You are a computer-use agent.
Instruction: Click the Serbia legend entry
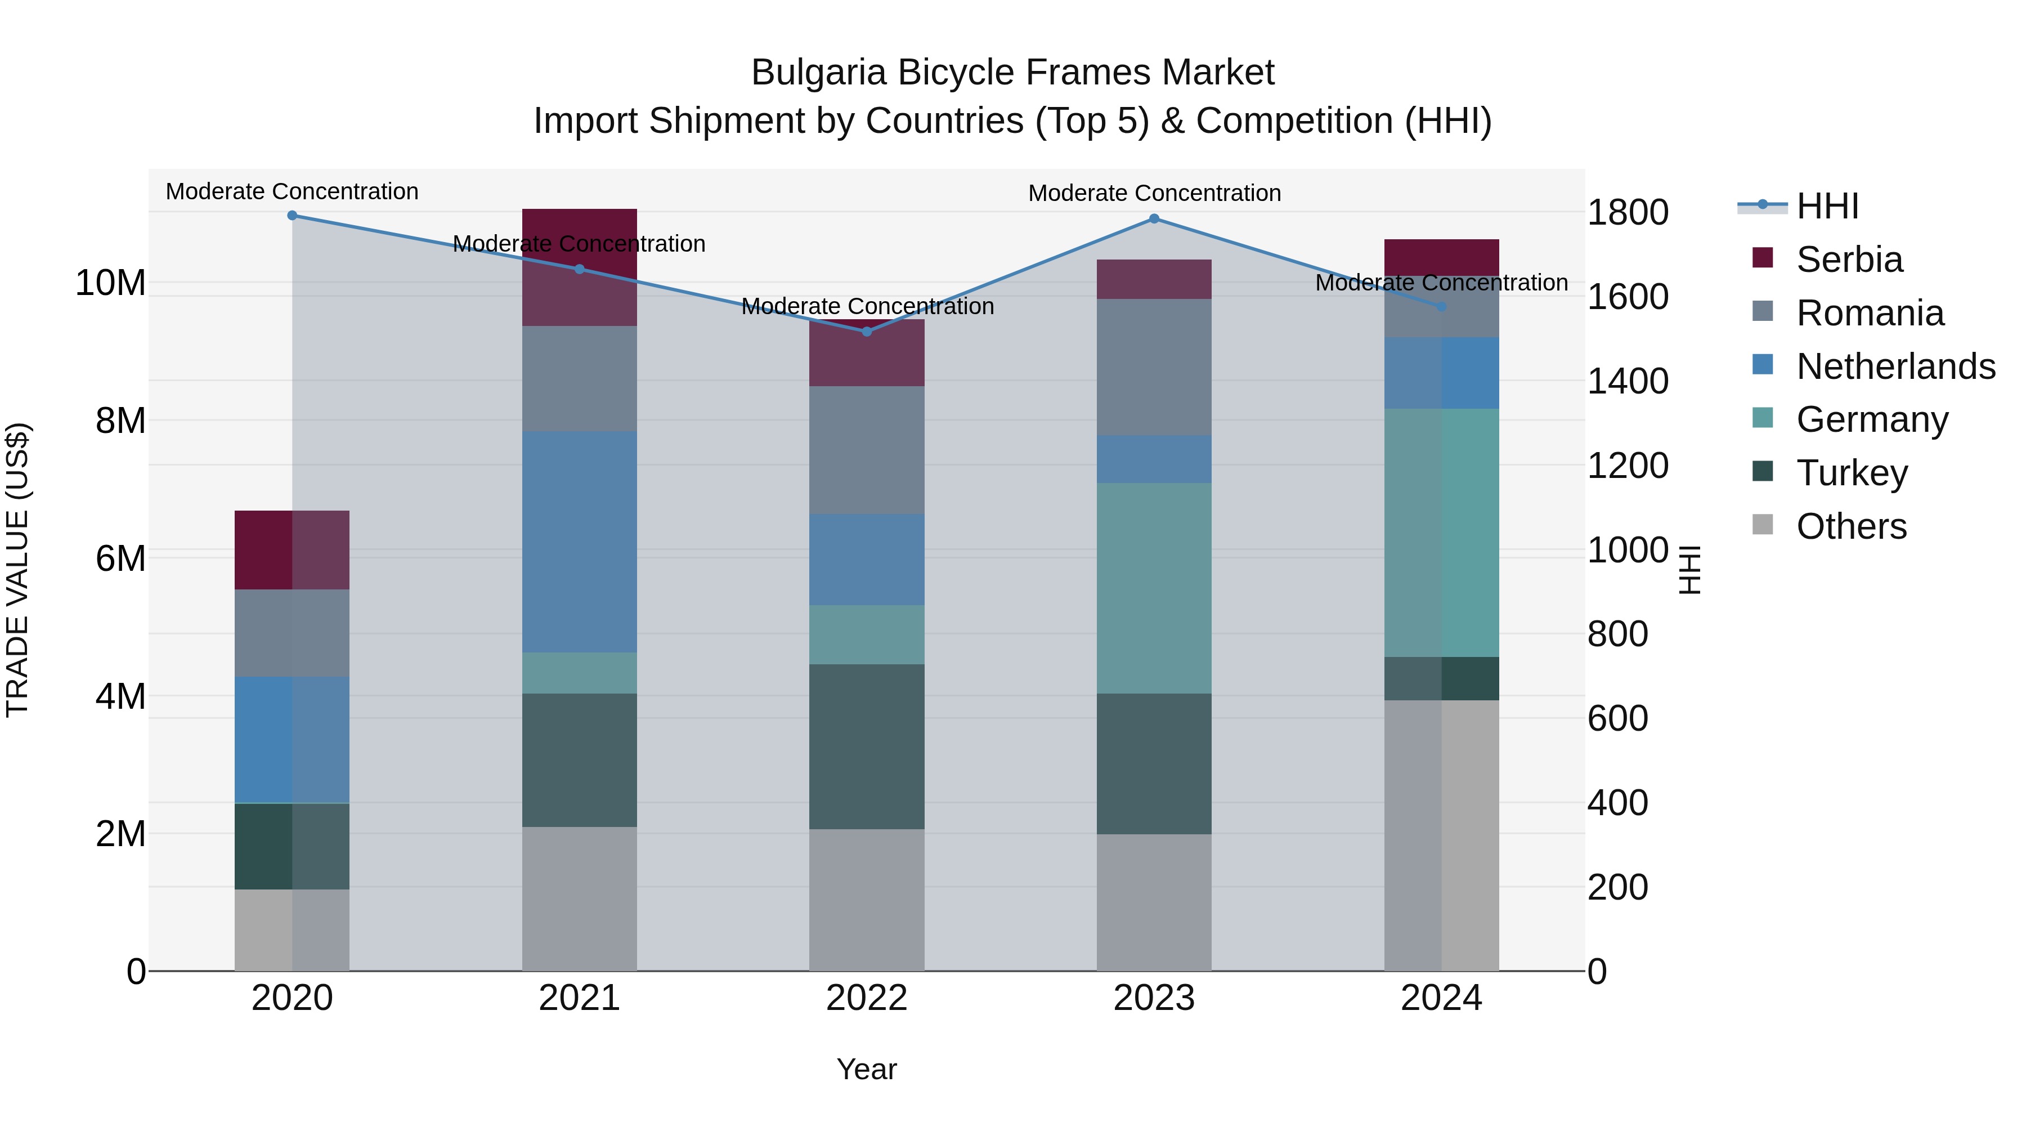click(x=1849, y=260)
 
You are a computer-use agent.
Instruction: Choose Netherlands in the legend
click(x=1895, y=366)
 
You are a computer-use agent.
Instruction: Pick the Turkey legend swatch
click(x=1763, y=472)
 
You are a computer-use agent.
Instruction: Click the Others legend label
click(x=1852, y=526)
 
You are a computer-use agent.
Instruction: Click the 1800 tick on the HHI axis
click(x=1627, y=212)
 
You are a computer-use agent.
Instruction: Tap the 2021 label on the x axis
click(x=579, y=998)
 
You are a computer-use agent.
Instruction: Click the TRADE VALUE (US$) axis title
click(x=17, y=570)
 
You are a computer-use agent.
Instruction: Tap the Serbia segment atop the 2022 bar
click(x=867, y=353)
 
